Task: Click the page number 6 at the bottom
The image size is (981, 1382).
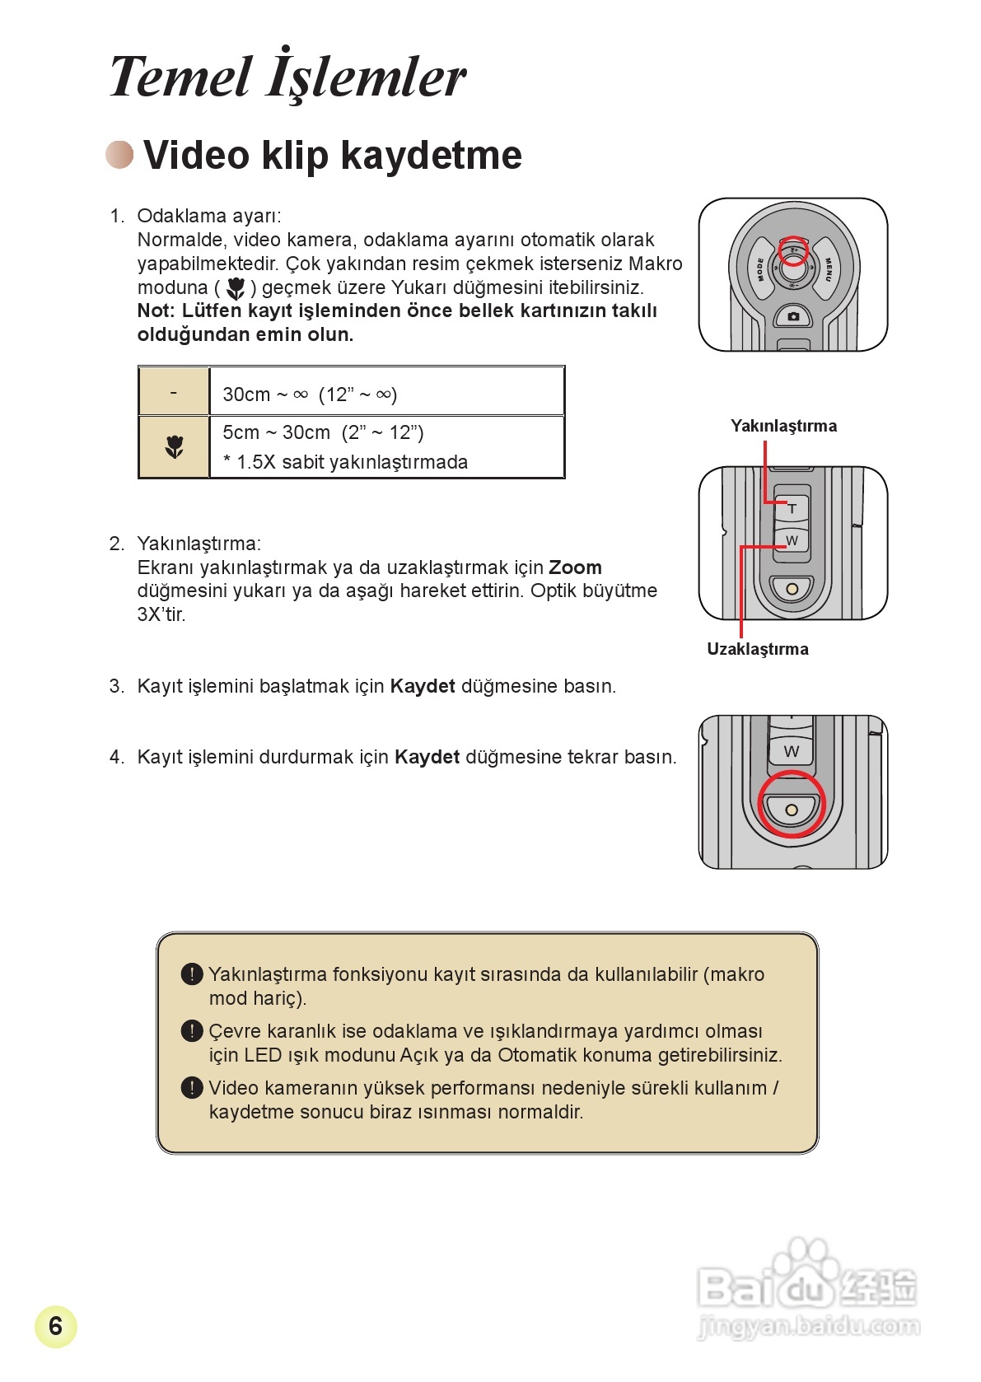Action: pos(55,1326)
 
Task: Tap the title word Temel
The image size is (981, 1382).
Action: pos(180,77)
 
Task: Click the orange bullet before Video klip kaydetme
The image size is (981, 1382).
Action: pos(120,154)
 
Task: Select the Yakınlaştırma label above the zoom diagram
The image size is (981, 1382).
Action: pos(783,426)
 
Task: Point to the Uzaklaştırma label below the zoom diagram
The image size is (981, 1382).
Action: pos(757,649)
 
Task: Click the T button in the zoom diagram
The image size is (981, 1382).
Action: pos(792,509)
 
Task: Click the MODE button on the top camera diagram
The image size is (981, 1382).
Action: pos(760,268)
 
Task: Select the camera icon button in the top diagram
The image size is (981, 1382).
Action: pos(793,316)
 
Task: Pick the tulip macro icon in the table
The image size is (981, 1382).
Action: pos(174,447)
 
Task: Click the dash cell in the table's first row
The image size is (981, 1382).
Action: pos(174,392)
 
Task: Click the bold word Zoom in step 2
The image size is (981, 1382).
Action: pos(575,567)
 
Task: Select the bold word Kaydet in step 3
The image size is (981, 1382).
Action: pos(422,686)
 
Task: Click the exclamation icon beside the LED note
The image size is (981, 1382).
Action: pos(191,1031)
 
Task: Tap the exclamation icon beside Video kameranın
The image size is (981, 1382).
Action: pos(191,1088)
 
